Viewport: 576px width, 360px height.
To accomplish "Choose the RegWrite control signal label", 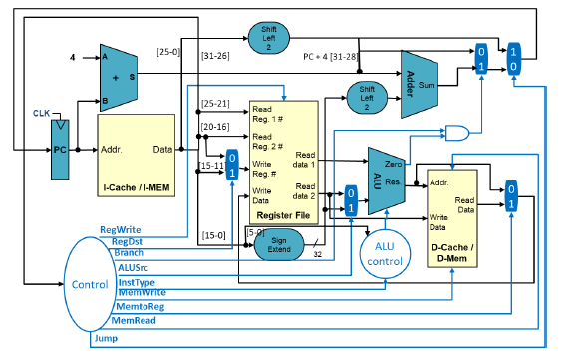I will (121, 229).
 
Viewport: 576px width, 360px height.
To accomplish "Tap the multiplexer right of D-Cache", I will (511, 195).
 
